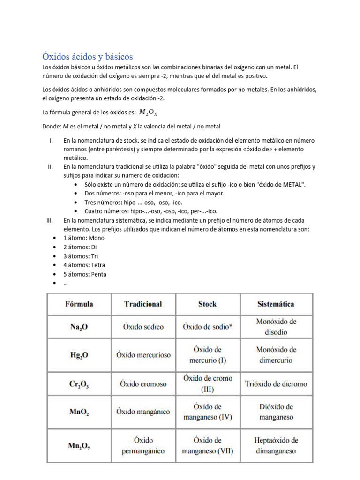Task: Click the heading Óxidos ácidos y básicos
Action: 88,57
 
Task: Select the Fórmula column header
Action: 79,304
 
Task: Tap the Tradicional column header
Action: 143,304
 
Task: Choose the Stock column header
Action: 207,304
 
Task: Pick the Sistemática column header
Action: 276,304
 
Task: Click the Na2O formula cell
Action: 79,327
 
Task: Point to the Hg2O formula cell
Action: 79,355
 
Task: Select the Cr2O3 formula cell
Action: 79,384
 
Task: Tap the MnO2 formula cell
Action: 79,412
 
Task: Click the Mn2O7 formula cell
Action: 79,446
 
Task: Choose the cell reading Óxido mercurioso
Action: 143,355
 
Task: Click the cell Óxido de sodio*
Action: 207,327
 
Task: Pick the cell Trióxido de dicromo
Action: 276,383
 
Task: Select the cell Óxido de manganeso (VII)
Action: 207,446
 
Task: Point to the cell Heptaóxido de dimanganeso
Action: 276,446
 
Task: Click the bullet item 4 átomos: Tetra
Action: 84,265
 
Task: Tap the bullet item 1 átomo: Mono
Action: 83,238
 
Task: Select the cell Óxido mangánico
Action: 143,412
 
